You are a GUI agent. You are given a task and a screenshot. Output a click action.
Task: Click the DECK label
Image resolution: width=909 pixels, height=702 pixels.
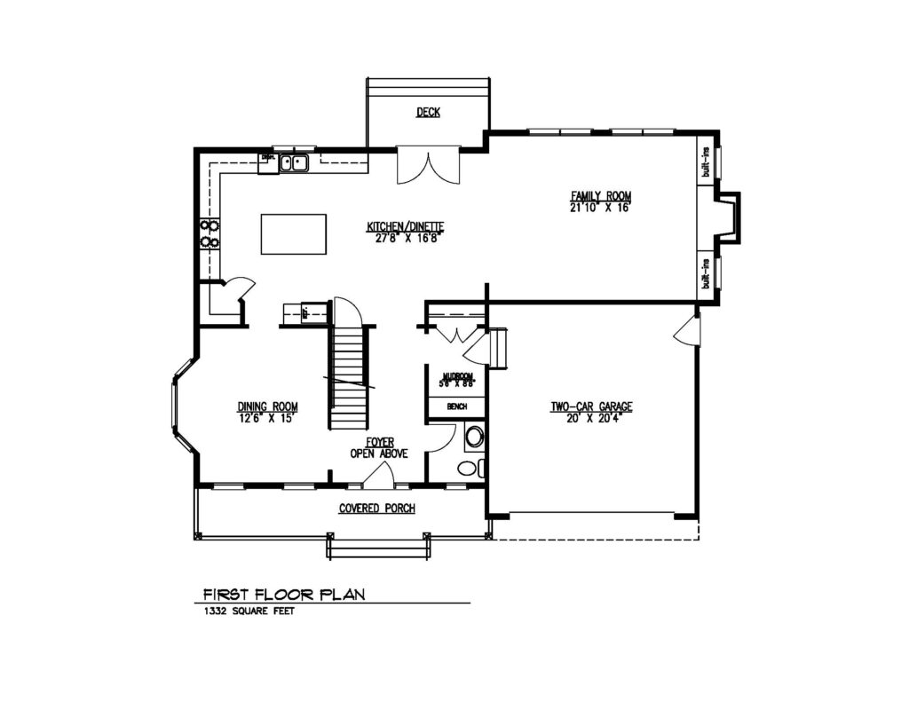428,112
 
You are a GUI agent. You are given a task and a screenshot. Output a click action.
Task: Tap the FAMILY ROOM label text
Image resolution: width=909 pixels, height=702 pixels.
601,196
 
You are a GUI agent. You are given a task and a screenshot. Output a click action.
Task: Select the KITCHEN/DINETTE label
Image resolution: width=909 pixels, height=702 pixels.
405,226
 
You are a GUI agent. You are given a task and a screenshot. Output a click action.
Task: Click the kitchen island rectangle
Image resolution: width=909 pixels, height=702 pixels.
293,234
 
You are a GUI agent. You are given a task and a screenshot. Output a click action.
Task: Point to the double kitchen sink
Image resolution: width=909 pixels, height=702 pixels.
293,162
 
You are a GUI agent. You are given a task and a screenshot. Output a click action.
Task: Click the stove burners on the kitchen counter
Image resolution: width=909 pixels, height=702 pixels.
209,233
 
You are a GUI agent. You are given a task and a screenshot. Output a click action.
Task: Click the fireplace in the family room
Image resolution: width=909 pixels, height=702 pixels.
729,217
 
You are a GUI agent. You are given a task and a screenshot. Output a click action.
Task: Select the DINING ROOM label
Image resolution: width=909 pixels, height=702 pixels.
265,407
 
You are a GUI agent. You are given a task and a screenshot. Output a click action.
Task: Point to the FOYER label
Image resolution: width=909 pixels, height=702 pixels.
380,441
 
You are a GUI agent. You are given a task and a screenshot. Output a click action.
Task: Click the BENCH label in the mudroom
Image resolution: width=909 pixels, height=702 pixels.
457,406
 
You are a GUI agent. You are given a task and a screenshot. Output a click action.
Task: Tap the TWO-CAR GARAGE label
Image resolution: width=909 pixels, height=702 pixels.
591,406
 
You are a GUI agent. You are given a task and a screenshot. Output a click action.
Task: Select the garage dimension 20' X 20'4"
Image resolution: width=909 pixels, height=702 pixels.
591,417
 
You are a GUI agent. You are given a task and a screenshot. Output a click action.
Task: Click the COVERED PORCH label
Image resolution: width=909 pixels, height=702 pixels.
376,509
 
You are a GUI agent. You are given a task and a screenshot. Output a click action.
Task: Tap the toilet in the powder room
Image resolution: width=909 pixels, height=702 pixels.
475,437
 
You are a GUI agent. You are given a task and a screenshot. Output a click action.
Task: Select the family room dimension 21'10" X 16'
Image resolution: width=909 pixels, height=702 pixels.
601,208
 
